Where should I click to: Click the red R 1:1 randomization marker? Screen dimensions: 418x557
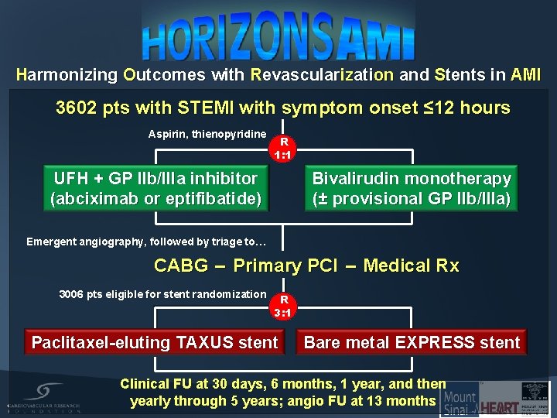tap(283, 148)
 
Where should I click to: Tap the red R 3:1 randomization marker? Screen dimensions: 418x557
tap(283, 306)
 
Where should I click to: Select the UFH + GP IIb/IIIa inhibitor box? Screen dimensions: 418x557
tap(155, 189)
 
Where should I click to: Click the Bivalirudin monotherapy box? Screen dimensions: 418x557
tap(411, 189)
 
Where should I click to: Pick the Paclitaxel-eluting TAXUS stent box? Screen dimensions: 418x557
tap(155, 342)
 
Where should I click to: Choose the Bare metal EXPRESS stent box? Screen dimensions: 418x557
tap(412, 342)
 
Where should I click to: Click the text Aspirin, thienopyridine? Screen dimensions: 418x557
tap(207, 134)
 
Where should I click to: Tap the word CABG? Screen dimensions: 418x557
tap(181, 266)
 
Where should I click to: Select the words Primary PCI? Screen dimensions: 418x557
tap(285, 266)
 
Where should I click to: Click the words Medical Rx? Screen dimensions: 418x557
tap(411, 266)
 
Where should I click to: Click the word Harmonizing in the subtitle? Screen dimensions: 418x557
tap(67, 75)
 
